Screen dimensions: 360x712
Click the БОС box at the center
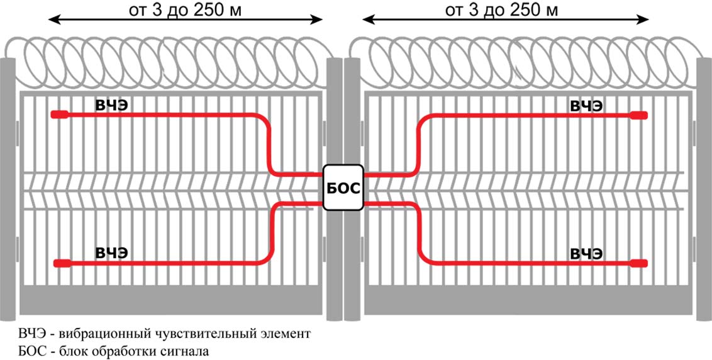pos(343,188)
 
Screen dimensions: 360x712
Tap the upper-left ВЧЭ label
pos(112,105)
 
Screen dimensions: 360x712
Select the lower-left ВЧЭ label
pos(112,253)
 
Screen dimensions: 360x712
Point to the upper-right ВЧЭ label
pos(586,105)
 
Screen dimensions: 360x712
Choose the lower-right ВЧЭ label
pos(586,254)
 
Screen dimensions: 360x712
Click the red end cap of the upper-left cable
pos(60,115)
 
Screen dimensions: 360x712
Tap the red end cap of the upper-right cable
pos(638,115)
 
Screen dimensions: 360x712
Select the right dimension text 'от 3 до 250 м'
pos(501,10)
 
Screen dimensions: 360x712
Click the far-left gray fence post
pos(8,189)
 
